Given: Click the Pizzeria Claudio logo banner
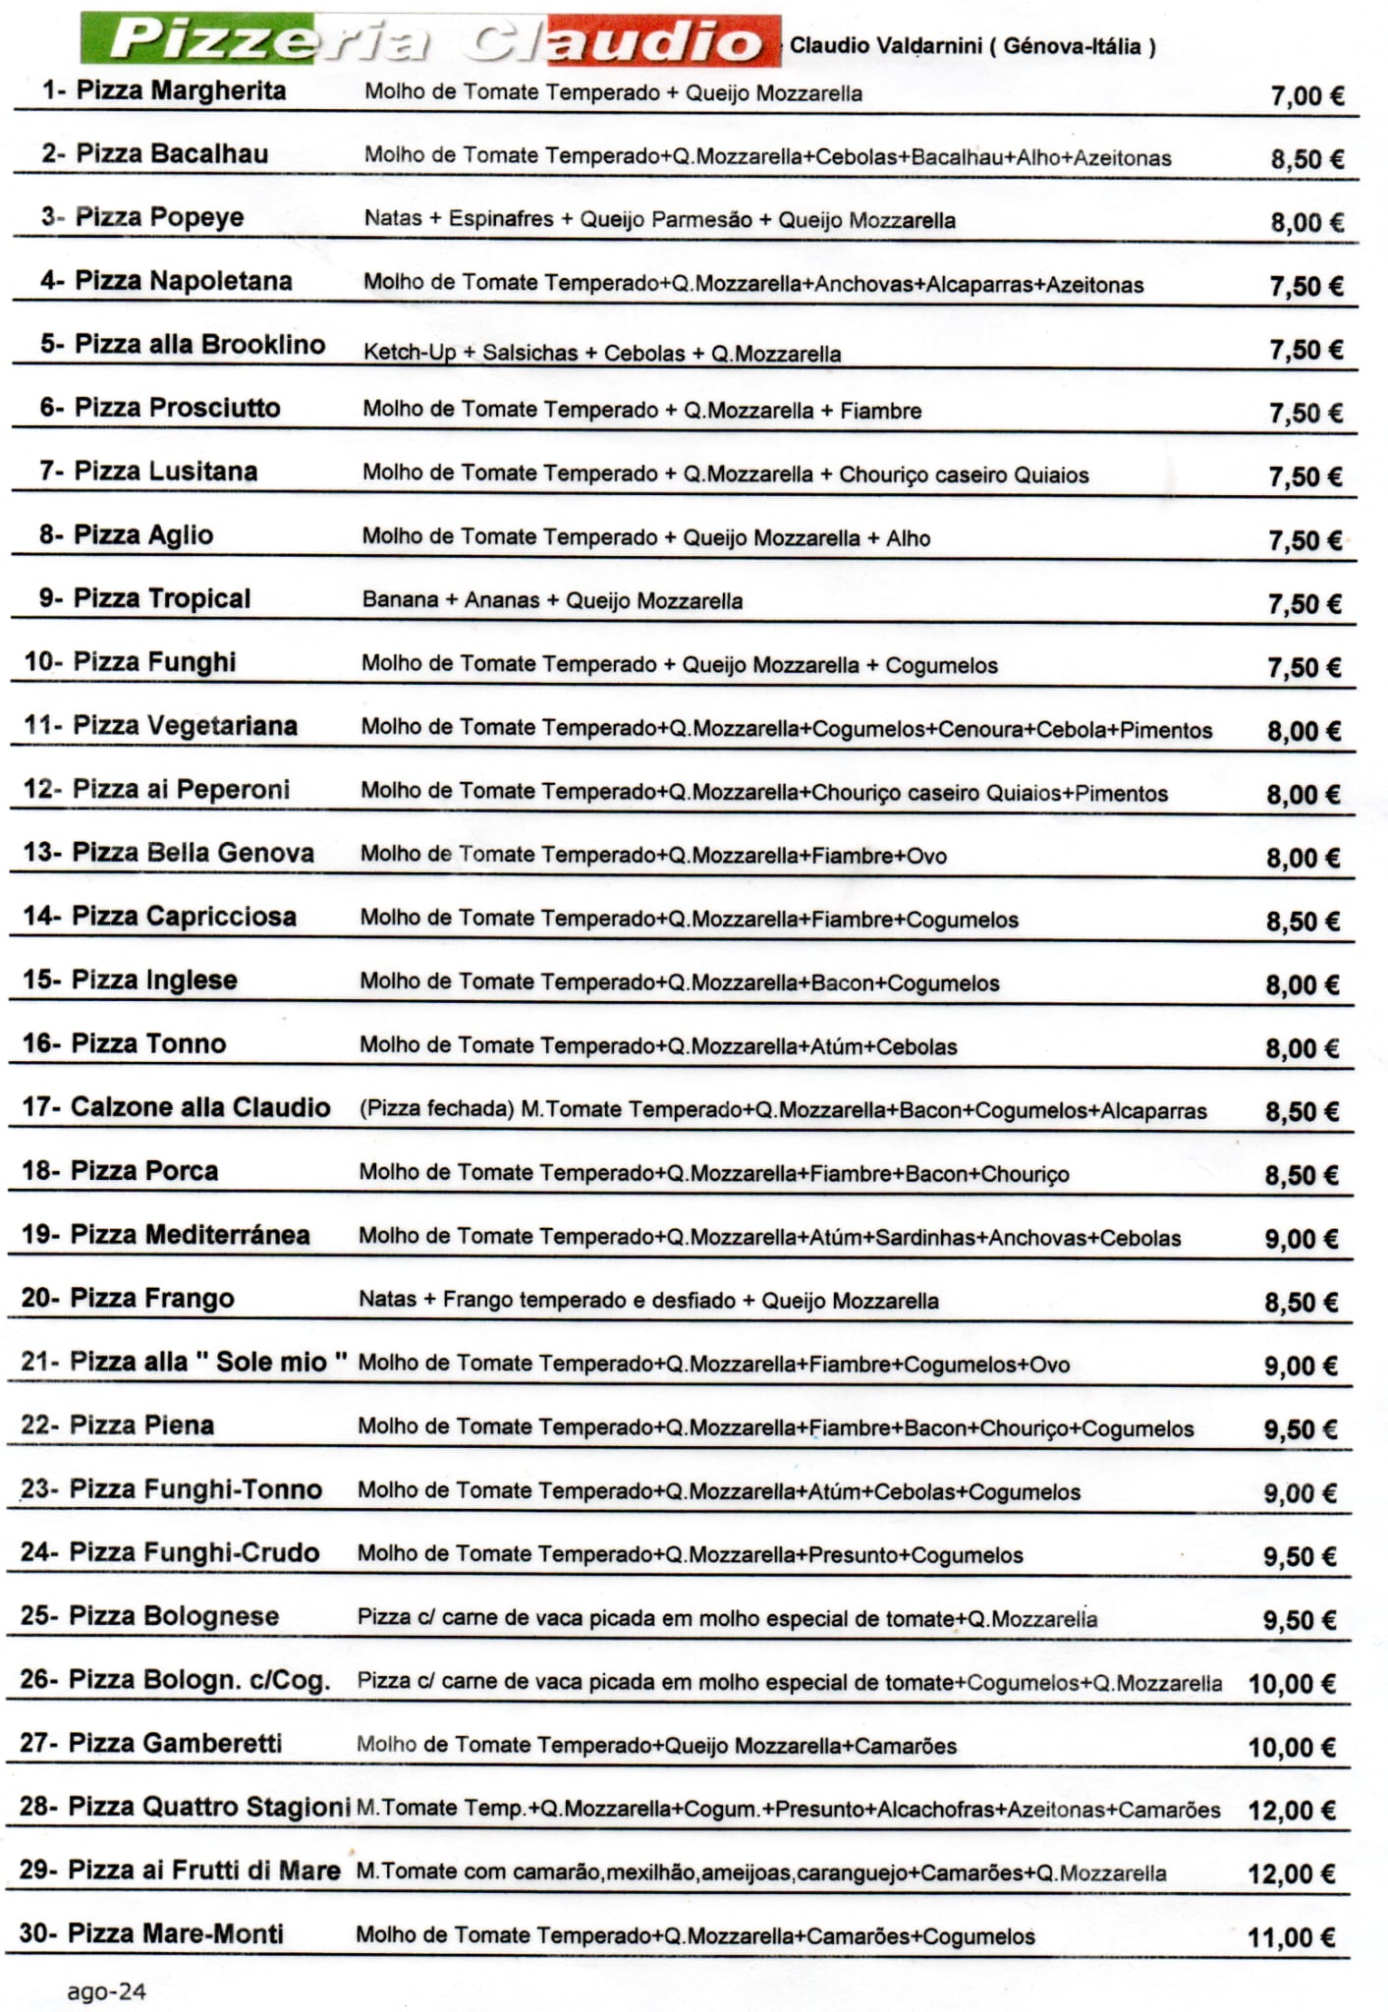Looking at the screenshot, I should click(430, 41).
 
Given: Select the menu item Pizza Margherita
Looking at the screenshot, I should click(181, 91).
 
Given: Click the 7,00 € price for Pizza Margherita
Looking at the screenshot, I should click(1306, 96).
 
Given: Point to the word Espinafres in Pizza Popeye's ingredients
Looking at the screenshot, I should click(501, 219).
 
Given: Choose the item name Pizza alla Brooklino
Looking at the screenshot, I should click(199, 345).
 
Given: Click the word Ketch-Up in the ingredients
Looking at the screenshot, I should click(410, 353).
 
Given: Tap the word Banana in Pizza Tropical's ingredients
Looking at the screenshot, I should click(400, 600).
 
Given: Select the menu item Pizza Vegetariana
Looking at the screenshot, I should click(185, 726).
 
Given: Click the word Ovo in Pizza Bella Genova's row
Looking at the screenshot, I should click(926, 856).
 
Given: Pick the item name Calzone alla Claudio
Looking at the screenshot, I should click(199, 1107).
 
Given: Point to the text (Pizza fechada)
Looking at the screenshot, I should click(436, 1110).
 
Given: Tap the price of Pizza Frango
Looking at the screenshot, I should click(1301, 1303).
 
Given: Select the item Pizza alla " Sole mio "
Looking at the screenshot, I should click(208, 1362).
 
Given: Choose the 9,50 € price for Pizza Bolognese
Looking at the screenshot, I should click(1299, 1620).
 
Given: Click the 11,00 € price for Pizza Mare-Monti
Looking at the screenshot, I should click(1291, 1937).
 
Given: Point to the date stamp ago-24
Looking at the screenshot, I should click(106, 1991).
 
